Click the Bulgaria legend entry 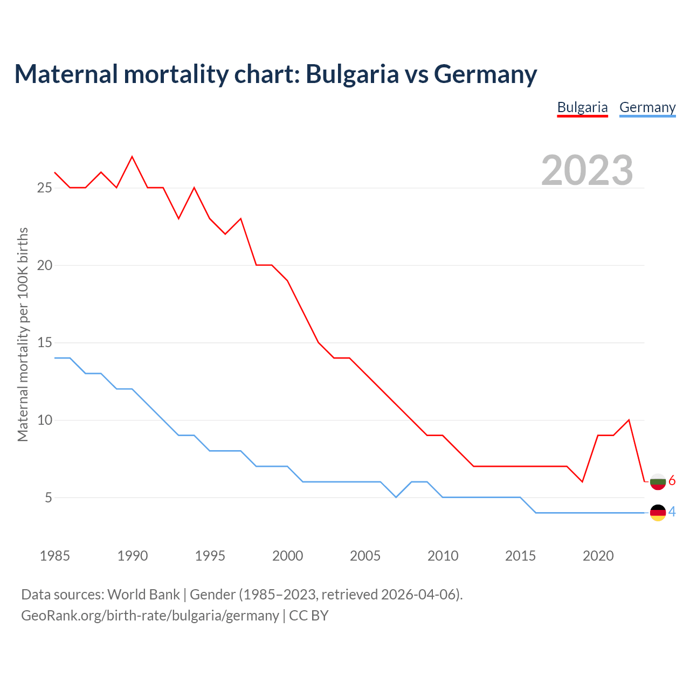(x=582, y=107)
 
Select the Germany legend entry (x=647, y=107)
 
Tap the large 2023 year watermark (x=587, y=170)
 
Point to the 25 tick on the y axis (x=44, y=188)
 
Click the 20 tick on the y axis (x=44, y=265)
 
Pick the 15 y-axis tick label (x=44, y=343)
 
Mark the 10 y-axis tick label (x=44, y=420)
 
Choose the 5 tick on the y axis (x=49, y=498)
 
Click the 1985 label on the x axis (x=55, y=556)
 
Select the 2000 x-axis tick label (x=287, y=556)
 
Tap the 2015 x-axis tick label (x=520, y=556)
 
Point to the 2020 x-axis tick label (x=598, y=556)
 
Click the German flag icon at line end (x=658, y=513)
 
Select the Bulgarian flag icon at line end (x=658, y=481)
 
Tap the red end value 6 (x=672, y=481)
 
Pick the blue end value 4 (x=672, y=512)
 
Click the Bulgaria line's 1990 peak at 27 (x=132, y=157)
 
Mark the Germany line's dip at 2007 (x=396, y=497)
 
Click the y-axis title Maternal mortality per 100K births (x=23, y=334)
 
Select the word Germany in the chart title (x=485, y=74)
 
